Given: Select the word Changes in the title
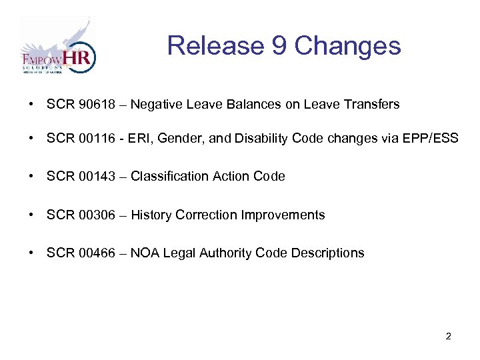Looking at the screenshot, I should tap(347, 46).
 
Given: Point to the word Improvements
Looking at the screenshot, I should tap(283, 215).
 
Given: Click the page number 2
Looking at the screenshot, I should tap(448, 336).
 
